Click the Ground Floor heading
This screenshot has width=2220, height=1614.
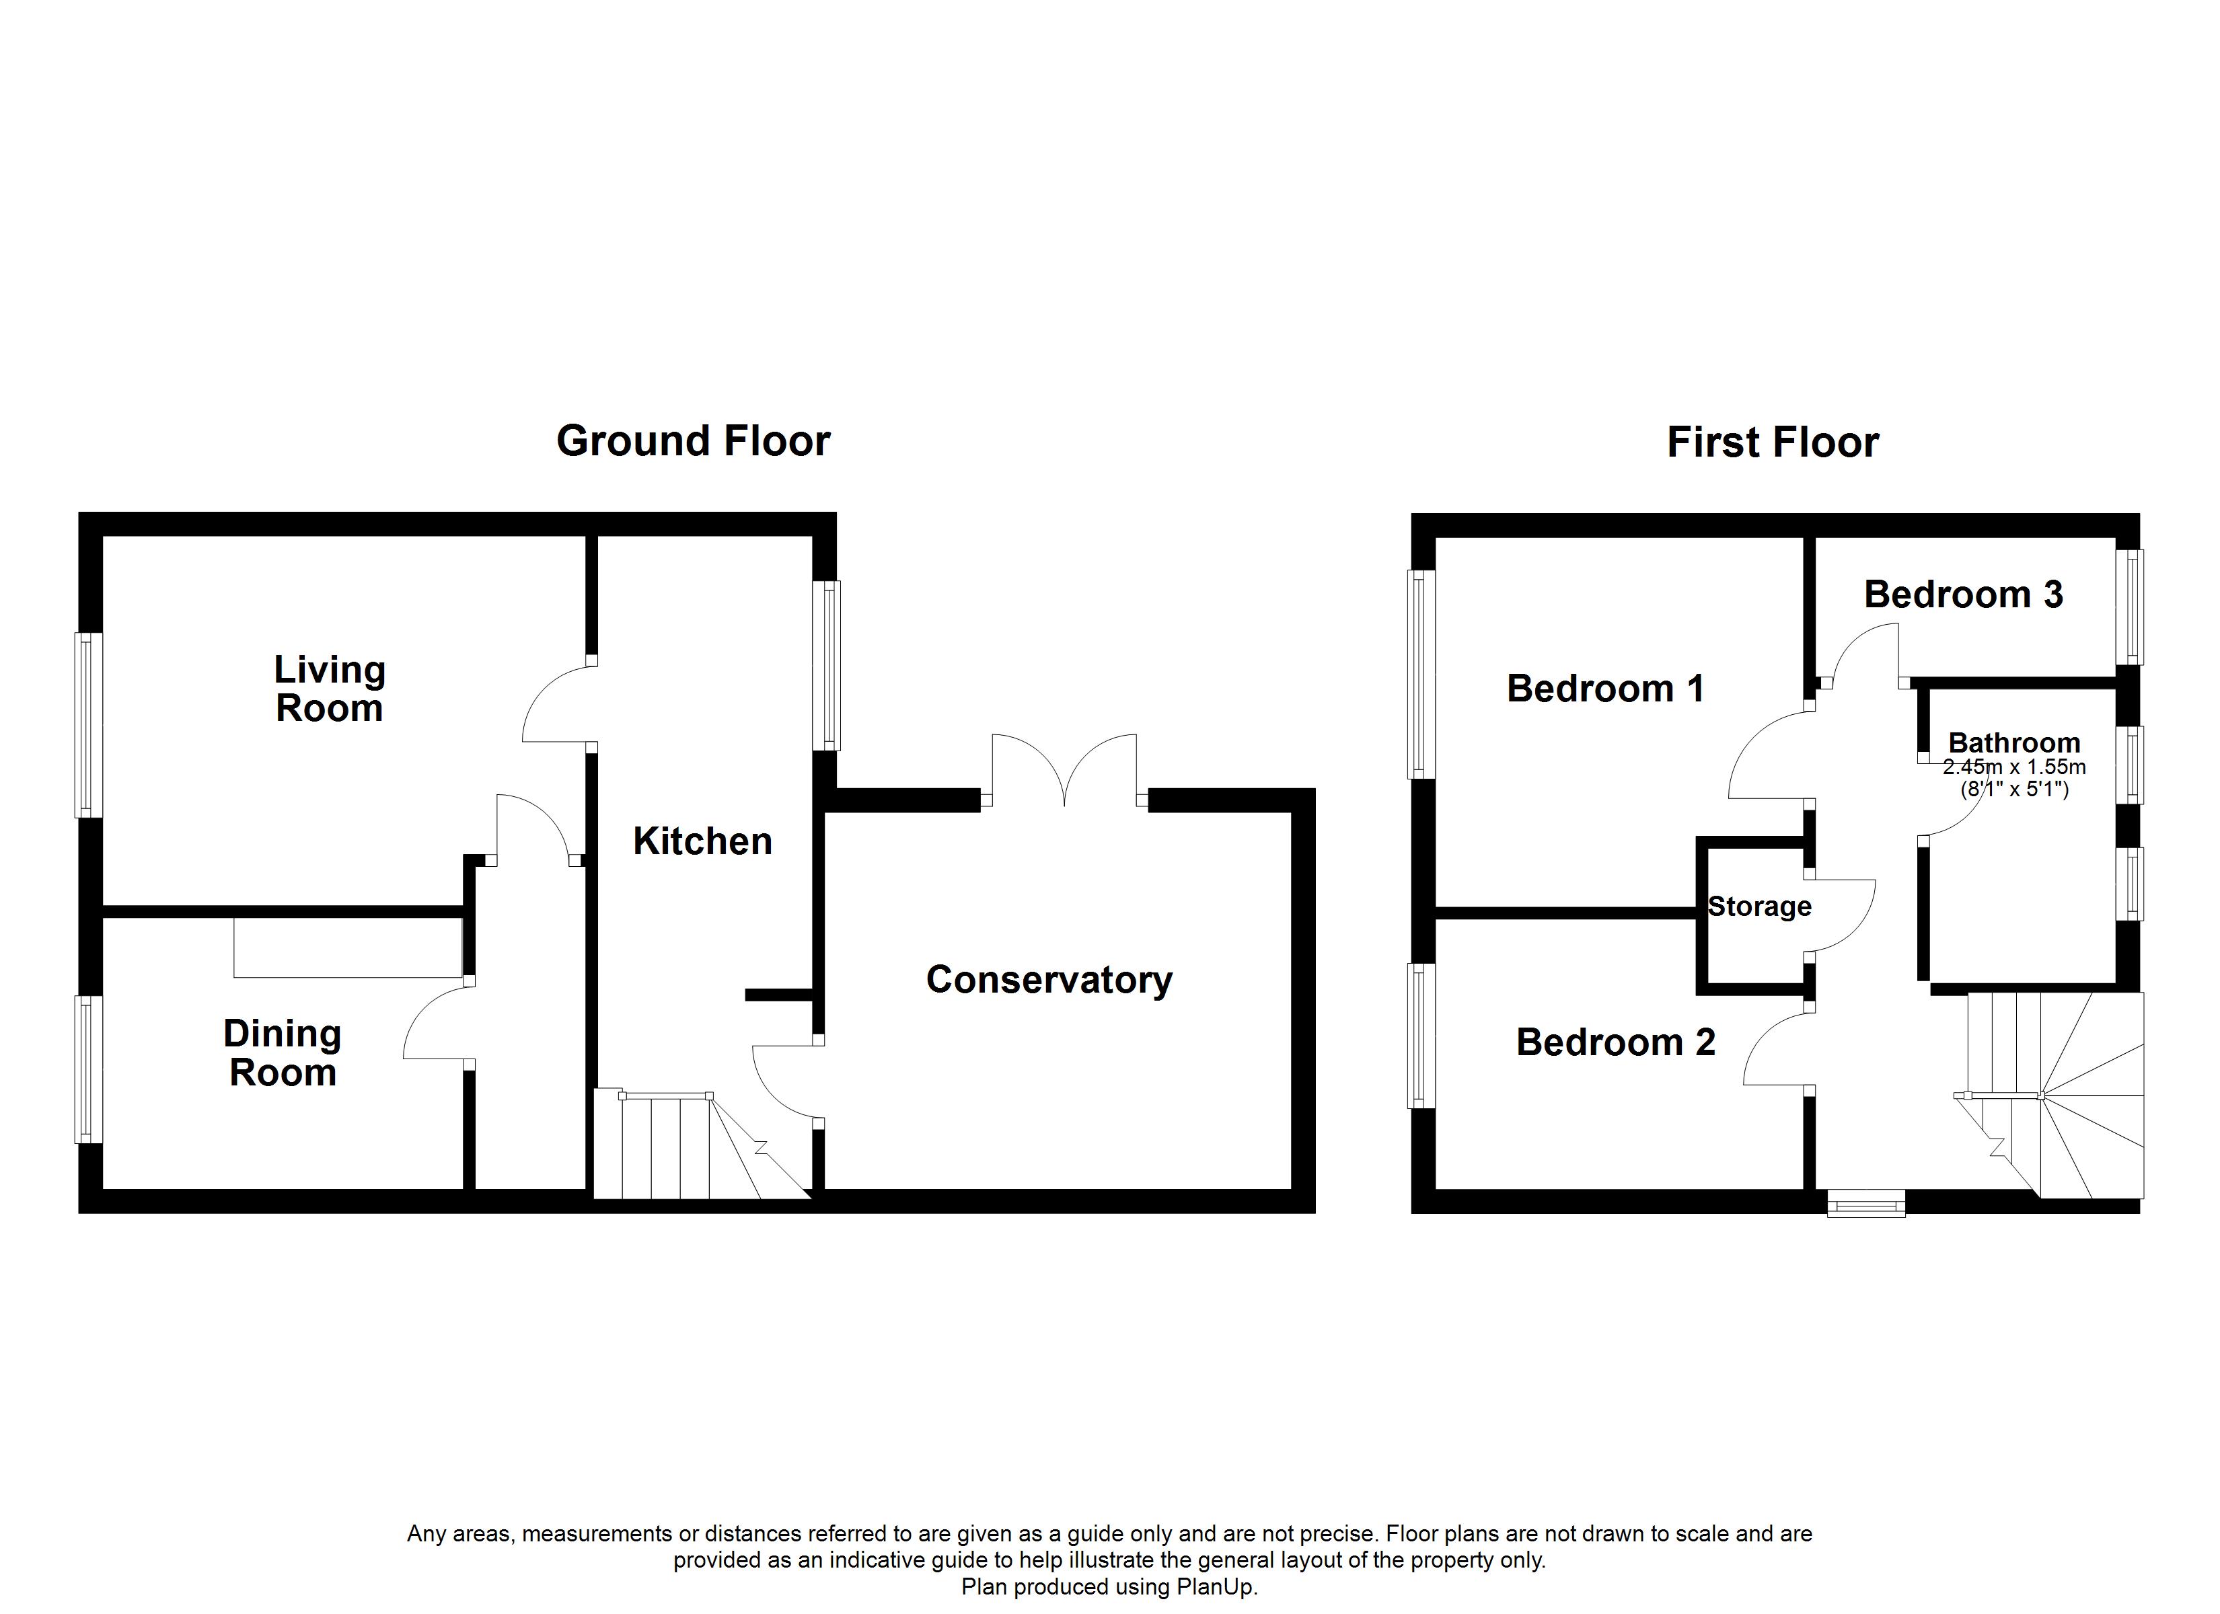[693, 441]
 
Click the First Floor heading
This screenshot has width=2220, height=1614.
[1773, 443]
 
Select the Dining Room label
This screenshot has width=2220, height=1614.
[283, 1052]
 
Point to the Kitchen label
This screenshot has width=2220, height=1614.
[703, 841]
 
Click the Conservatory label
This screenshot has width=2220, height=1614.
[1049, 980]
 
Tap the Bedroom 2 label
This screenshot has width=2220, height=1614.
[1616, 1042]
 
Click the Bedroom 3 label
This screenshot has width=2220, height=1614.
[1964, 594]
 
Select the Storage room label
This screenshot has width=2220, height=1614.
[1760, 907]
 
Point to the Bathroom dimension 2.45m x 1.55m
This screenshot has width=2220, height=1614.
[2014, 767]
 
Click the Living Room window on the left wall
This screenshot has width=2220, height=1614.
[89, 724]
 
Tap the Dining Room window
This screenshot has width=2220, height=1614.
[89, 1069]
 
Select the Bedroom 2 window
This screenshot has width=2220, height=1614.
[1422, 1036]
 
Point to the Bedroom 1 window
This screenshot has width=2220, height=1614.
[1422, 675]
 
